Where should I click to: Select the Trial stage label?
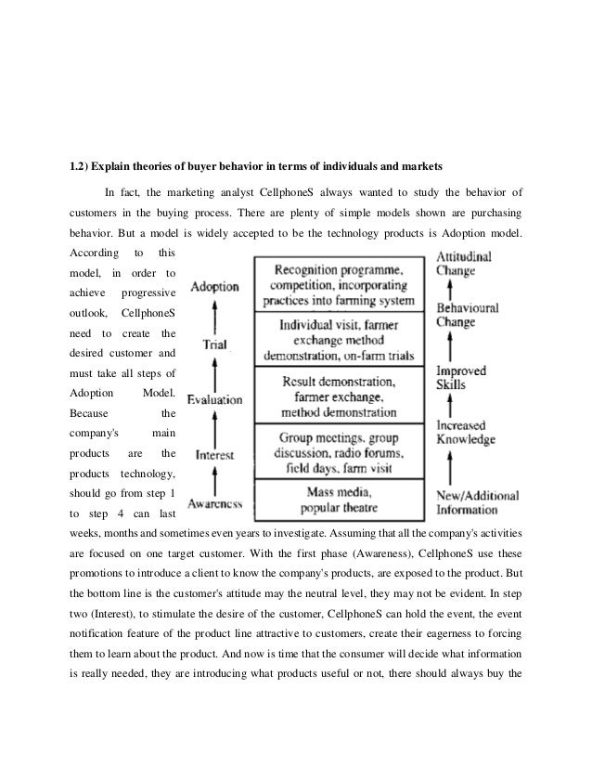(x=215, y=344)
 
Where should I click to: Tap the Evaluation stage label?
(x=214, y=400)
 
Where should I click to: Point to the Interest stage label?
(x=214, y=456)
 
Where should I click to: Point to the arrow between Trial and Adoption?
(x=214, y=316)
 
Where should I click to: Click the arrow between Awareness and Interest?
(x=214, y=480)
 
